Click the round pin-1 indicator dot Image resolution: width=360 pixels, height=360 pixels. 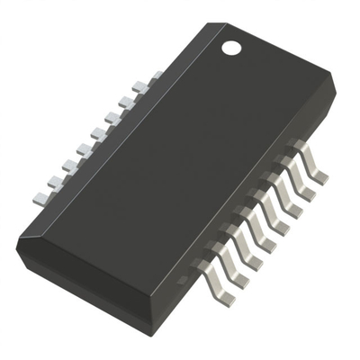pos(232,45)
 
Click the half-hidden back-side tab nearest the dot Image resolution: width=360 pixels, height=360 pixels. pos(153,76)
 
